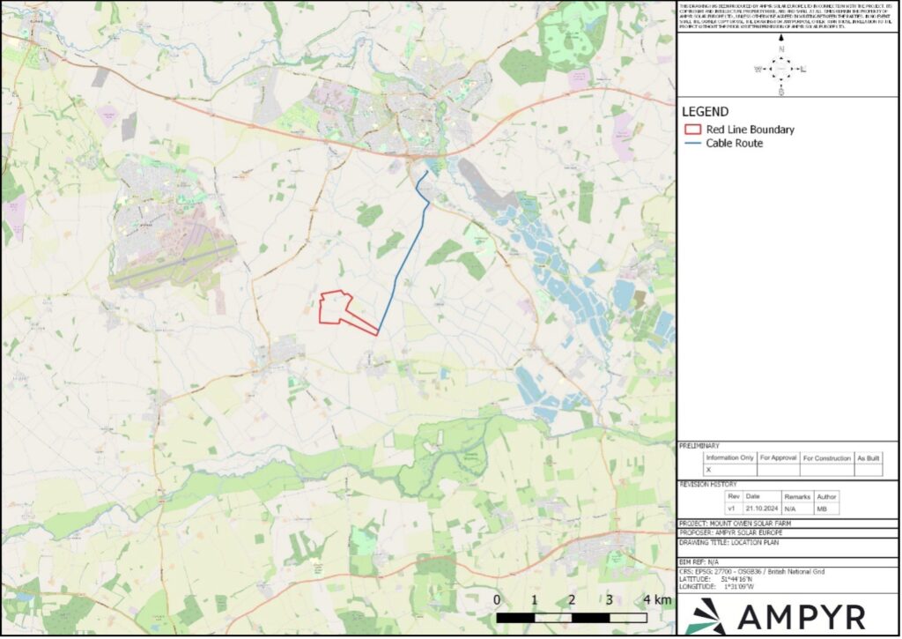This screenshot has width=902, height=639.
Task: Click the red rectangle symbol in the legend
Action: point(692,130)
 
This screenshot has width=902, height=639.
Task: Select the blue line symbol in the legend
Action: point(692,143)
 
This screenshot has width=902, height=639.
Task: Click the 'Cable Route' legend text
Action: point(734,143)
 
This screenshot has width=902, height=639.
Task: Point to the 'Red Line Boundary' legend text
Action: point(750,130)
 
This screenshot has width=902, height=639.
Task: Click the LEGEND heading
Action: point(705,112)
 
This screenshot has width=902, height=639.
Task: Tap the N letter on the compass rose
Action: point(780,48)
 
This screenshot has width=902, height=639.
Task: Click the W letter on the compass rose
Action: point(758,69)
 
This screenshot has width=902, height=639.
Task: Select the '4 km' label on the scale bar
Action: point(657,600)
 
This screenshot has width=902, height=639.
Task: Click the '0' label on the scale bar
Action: point(497,600)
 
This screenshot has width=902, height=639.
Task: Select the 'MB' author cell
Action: point(826,509)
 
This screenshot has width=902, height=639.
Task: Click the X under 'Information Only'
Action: point(708,470)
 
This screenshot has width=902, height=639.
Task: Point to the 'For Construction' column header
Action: point(826,457)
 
